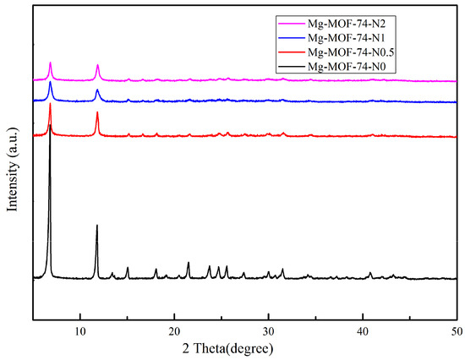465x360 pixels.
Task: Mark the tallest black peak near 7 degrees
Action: coord(51,127)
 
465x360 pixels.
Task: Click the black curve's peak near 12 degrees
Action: coord(97,226)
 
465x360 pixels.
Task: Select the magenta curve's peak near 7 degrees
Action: coord(51,63)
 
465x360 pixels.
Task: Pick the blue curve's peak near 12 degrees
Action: coord(97,90)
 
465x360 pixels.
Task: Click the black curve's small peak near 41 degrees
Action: coord(370,273)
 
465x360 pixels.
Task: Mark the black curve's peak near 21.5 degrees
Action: coord(189,263)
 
